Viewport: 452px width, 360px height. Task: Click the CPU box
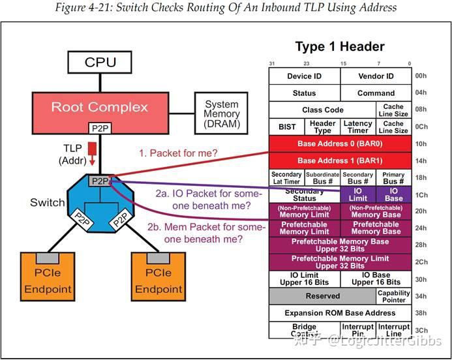click(x=100, y=63)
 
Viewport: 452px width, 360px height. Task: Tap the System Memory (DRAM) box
click(x=222, y=113)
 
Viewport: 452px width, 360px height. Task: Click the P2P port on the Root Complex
click(x=100, y=129)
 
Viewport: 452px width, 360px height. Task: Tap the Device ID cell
click(x=304, y=76)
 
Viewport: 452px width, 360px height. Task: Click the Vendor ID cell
click(x=376, y=76)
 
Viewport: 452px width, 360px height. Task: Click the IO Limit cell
click(x=358, y=194)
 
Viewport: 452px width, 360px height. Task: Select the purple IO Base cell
click(x=394, y=194)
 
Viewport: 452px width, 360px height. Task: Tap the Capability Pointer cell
click(x=394, y=297)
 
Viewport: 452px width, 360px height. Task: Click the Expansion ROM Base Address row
click(x=340, y=313)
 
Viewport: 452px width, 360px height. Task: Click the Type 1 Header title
click(x=340, y=47)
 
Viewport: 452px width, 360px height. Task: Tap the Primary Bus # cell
click(x=394, y=177)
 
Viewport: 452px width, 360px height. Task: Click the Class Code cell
click(x=322, y=110)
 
